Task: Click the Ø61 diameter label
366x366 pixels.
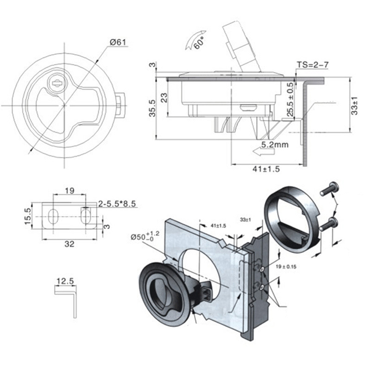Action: coord(118,43)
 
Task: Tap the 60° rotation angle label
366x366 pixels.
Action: coord(199,43)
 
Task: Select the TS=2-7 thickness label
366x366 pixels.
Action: coord(312,65)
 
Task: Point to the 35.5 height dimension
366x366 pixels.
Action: coord(152,108)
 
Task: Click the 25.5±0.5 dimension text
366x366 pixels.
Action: coord(291,99)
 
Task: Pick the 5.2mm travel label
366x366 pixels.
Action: coord(275,145)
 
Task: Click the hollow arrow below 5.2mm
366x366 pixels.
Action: coord(264,152)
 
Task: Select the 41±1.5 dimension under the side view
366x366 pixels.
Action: coord(266,169)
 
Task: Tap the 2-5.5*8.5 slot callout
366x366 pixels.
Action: coord(117,204)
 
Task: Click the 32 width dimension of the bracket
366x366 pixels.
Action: coord(70,244)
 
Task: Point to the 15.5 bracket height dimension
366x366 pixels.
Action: coord(28,216)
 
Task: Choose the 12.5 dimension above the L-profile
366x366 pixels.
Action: coord(65,281)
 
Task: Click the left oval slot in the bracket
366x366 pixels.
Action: coord(54,216)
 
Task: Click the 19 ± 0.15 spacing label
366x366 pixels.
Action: coord(286,267)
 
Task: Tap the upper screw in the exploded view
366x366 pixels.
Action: coord(329,189)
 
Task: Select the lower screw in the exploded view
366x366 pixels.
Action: coord(328,224)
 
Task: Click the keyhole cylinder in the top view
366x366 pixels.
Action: coord(57,83)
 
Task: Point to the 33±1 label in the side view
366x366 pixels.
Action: coord(354,106)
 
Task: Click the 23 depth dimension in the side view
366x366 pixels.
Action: coord(164,98)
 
